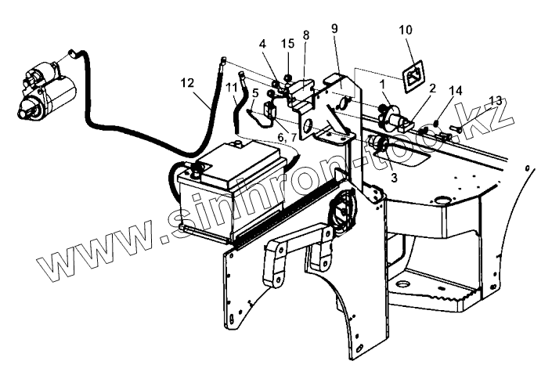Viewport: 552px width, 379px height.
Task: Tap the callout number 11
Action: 230,88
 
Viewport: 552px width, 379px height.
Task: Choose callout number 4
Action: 264,44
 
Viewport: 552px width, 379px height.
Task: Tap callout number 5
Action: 254,92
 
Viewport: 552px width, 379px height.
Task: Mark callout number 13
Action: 494,100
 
